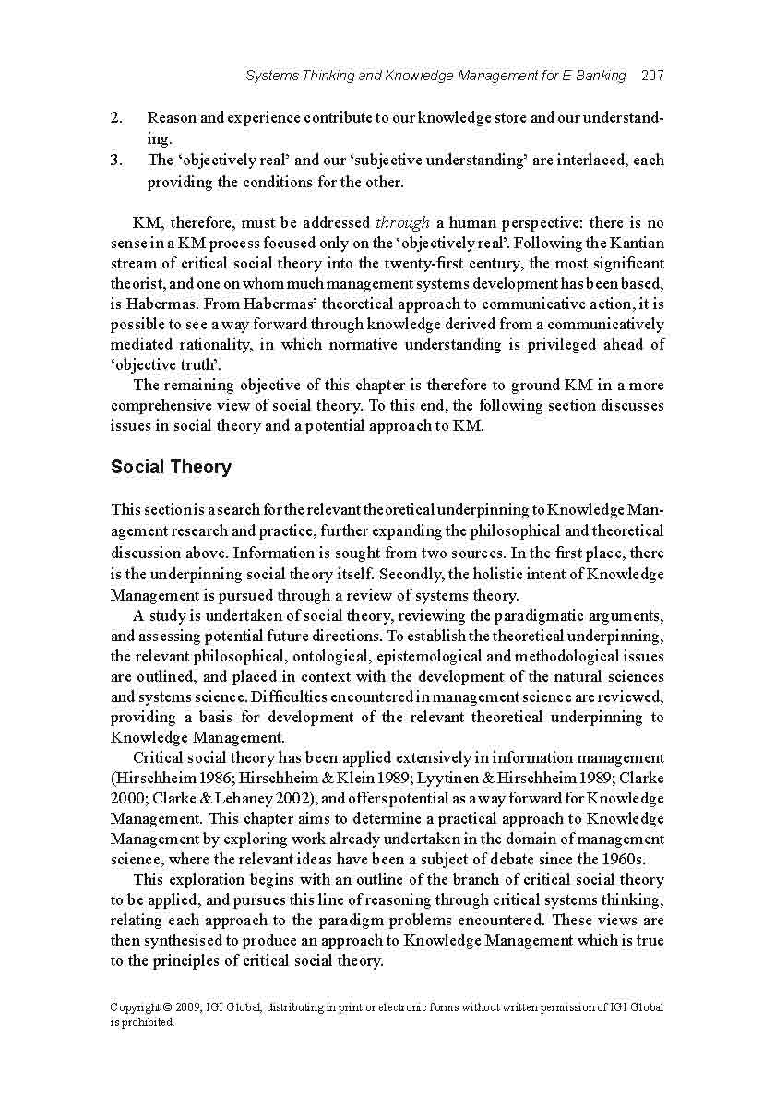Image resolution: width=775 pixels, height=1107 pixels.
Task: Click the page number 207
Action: (x=652, y=76)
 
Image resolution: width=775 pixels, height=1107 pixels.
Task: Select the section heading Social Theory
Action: (x=171, y=467)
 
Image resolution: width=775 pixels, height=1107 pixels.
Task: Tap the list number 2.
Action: (x=116, y=118)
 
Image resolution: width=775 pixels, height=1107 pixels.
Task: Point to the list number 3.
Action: (x=116, y=160)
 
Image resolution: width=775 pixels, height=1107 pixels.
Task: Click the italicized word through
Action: (x=402, y=223)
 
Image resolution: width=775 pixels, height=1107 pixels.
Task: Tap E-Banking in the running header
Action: (x=593, y=76)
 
